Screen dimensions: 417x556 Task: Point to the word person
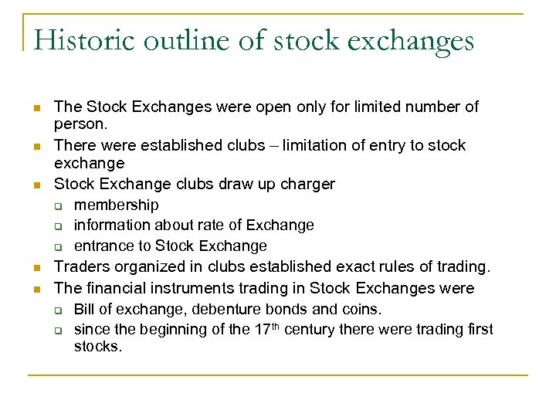[x=80, y=124]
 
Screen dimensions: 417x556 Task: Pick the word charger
[x=307, y=184]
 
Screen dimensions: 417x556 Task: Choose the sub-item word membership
[x=117, y=205]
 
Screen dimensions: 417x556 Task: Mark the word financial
[x=115, y=288]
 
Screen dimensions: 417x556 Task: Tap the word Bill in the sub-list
[x=84, y=309]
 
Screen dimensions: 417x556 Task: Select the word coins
[x=362, y=309]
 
